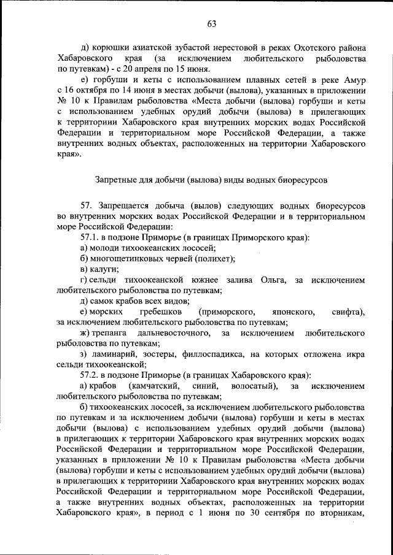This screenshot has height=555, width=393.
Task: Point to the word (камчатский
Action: tap(154, 386)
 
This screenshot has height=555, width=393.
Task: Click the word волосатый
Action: tap(254, 386)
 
